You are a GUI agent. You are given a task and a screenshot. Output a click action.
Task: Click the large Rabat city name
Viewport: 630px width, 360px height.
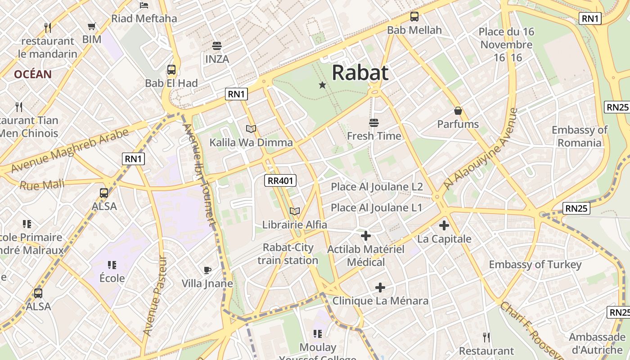pyautogui.click(x=360, y=72)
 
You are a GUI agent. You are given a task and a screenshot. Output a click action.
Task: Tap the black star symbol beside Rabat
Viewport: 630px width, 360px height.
pyautogui.click(x=322, y=85)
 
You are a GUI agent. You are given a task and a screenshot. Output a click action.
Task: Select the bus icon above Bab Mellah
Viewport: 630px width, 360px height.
pyautogui.click(x=414, y=17)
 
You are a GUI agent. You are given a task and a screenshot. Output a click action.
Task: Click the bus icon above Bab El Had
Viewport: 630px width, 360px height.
pyautogui.click(x=171, y=70)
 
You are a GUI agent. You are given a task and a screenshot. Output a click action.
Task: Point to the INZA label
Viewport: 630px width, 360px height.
pyautogui.click(x=217, y=59)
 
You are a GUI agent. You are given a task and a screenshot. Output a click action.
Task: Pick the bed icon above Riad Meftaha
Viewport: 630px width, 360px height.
pyautogui.click(x=144, y=5)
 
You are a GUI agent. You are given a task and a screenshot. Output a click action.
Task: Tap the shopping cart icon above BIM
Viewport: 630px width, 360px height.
pyautogui.click(x=92, y=27)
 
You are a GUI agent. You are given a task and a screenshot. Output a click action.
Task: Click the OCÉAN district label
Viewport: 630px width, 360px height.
pyautogui.click(x=33, y=74)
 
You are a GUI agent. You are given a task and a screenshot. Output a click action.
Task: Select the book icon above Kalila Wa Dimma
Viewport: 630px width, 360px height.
pyautogui.click(x=251, y=129)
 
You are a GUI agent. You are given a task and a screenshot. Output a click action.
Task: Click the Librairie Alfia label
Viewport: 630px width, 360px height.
pyautogui.click(x=295, y=224)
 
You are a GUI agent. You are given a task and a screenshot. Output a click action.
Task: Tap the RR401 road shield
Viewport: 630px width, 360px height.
pyautogui.click(x=280, y=181)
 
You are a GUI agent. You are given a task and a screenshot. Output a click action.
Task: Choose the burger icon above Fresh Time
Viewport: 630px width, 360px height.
pyautogui.click(x=373, y=122)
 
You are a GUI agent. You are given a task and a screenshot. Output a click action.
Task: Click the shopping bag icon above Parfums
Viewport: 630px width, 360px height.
pyautogui.click(x=458, y=111)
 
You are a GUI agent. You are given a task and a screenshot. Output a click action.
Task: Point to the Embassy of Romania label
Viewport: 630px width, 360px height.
pyautogui.click(x=580, y=136)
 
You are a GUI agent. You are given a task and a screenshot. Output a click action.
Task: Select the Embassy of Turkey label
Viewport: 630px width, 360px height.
pyautogui.click(x=535, y=265)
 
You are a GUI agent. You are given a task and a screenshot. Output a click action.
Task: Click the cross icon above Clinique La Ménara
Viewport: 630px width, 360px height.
pyautogui.click(x=380, y=287)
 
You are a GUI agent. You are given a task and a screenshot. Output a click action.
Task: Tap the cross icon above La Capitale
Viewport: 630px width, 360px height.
pyautogui.click(x=444, y=225)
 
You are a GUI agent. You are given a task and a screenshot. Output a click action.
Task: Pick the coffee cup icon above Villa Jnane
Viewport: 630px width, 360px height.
pyautogui.click(x=207, y=270)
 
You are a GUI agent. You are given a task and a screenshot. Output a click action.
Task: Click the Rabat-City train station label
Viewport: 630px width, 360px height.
pyautogui.click(x=288, y=254)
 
